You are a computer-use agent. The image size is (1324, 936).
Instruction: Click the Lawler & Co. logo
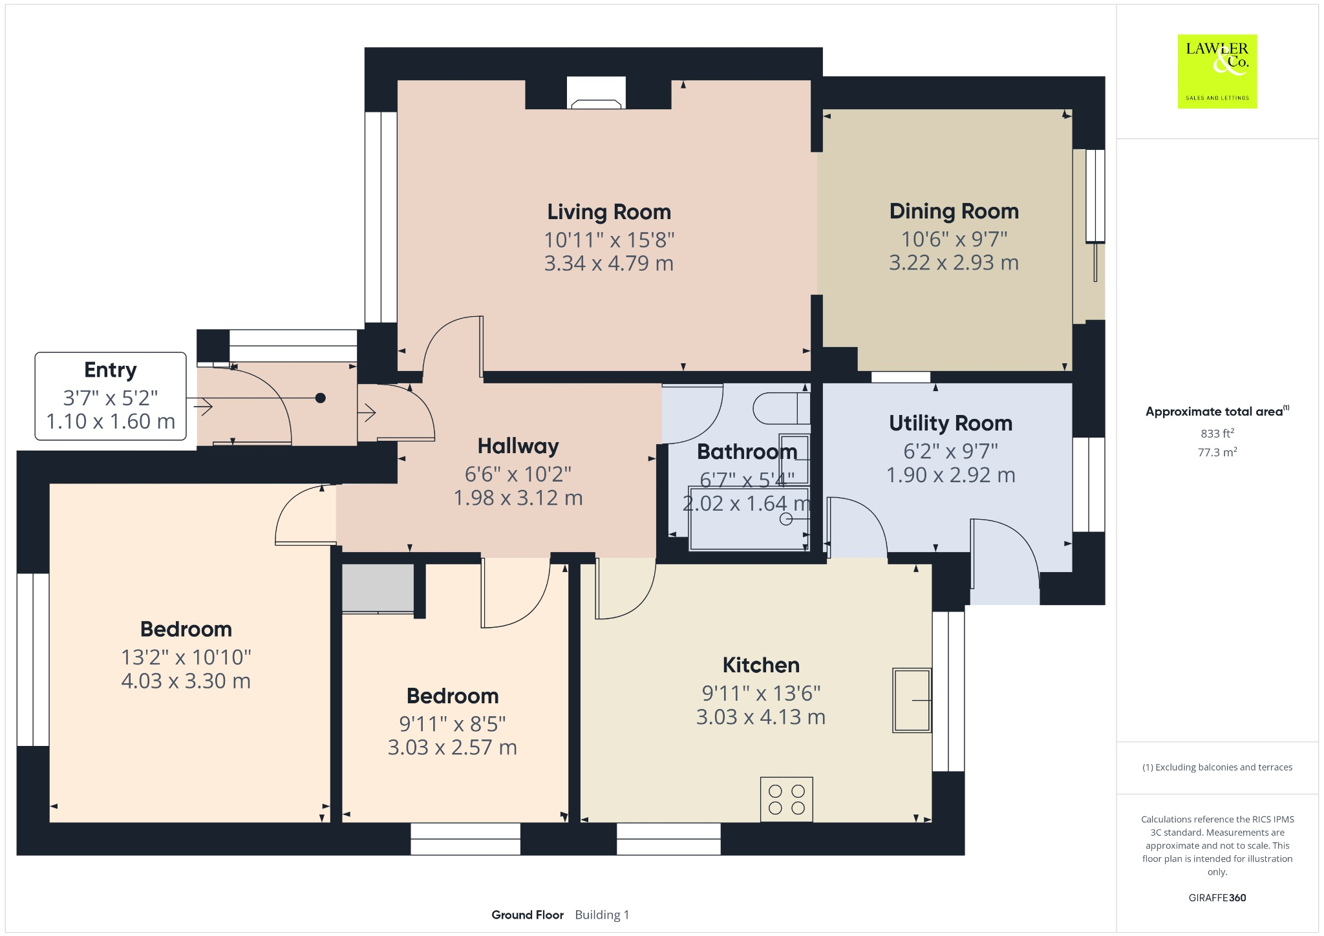pos(1217,71)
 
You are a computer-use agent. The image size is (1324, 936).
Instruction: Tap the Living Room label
pos(609,212)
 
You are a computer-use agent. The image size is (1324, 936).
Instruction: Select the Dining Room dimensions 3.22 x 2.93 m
pos(954,263)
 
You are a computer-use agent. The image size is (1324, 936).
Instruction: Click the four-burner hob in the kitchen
pos(786,800)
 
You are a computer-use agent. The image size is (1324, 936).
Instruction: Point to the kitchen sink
pos(912,700)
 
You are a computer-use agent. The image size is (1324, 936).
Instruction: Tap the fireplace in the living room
pos(596,94)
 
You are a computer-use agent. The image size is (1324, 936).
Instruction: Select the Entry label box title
pos(111,370)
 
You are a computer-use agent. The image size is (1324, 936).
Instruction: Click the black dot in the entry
pos(320,398)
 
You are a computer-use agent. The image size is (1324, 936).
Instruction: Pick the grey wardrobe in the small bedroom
pos(378,588)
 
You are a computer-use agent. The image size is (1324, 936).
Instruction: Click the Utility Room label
pos(950,423)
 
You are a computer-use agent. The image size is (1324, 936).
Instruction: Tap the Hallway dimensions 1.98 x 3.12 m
pos(518,498)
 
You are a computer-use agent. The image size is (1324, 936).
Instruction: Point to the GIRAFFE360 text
pos(1217,898)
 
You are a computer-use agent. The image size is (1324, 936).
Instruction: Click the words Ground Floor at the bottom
pos(528,915)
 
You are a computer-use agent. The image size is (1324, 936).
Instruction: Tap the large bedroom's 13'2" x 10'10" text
pos(186,657)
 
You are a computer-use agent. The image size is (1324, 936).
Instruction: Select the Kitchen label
pos(761,665)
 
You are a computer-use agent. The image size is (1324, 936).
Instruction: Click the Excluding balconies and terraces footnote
pos(1217,767)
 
